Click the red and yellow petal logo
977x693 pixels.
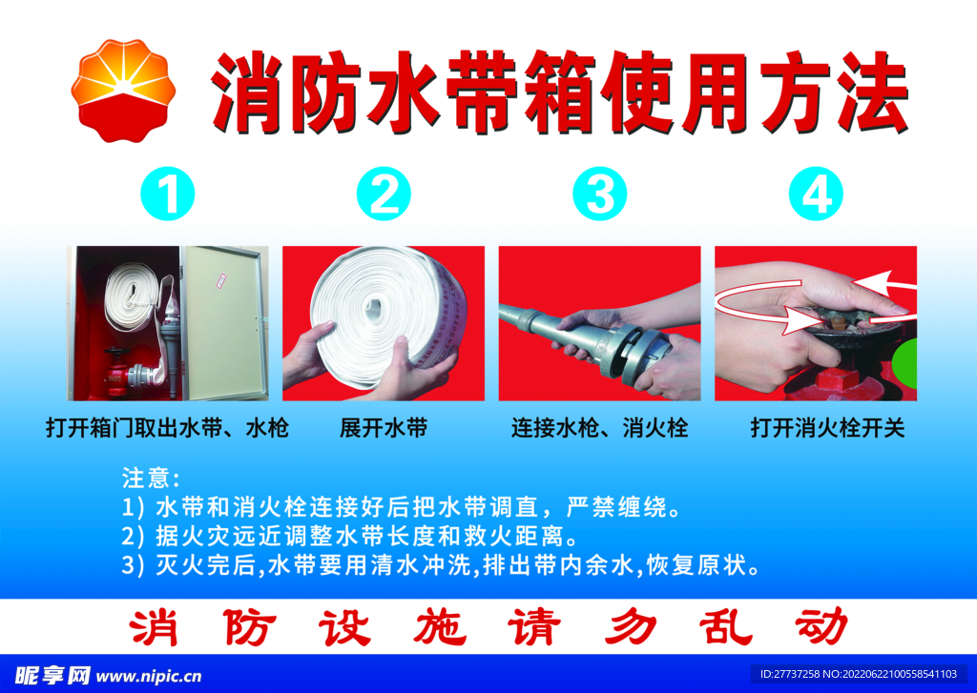click(123, 92)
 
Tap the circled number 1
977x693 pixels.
click(168, 195)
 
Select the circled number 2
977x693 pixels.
click(384, 195)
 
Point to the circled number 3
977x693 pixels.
click(600, 195)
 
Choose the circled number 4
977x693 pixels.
click(816, 195)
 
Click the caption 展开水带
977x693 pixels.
click(384, 429)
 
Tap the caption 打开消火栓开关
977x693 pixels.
click(826, 429)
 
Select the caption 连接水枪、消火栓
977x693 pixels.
click(599, 429)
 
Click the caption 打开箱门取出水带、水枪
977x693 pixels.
click(167, 429)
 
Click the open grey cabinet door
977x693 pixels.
click(224, 322)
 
